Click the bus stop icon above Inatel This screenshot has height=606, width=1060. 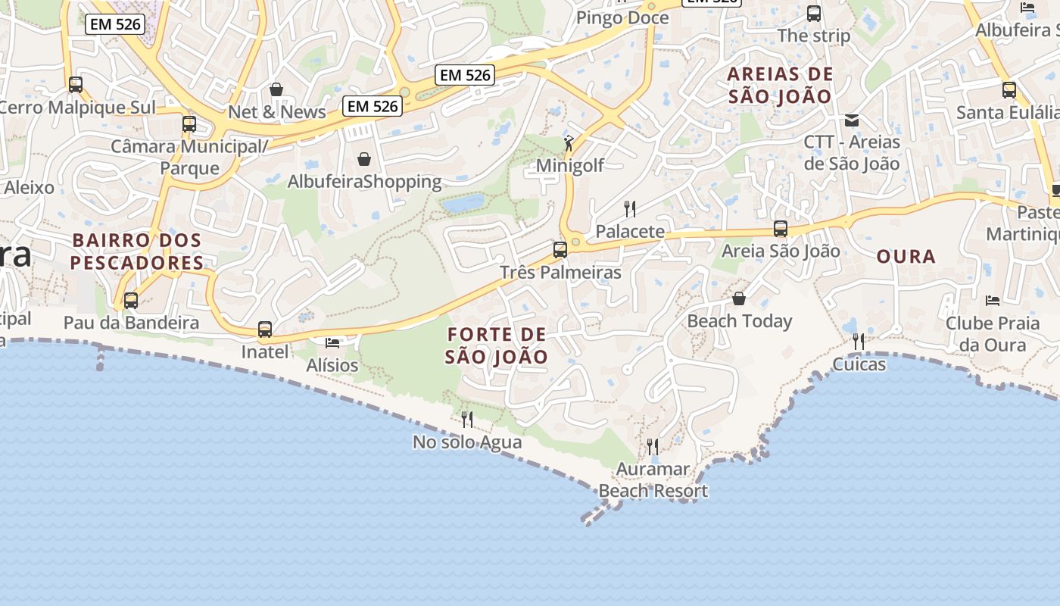click(265, 330)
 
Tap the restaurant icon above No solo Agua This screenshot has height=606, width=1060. click(467, 419)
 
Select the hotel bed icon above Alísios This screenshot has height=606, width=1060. click(332, 342)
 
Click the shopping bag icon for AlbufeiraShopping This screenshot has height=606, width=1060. click(364, 159)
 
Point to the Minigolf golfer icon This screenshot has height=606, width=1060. click(569, 142)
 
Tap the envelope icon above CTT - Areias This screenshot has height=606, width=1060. click(852, 120)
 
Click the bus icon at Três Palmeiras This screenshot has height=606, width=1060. click(560, 249)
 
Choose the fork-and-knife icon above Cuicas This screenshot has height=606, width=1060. click(859, 342)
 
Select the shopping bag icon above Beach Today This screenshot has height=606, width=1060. click(739, 298)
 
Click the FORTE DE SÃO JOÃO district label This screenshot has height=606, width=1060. click(497, 345)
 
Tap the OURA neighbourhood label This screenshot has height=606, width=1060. click(906, 257)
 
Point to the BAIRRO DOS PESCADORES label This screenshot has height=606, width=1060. click(137, 252)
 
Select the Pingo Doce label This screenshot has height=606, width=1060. click(622, 17)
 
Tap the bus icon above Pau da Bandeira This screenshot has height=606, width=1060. click(131, 301)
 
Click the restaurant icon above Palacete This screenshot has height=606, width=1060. click(629, 208)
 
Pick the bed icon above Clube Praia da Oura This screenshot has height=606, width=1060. click(993, 301)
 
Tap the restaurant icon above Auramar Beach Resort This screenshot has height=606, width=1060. click(653, 446)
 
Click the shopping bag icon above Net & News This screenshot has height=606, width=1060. click(276, 89)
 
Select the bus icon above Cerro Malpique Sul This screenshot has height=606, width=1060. click(76, 85)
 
